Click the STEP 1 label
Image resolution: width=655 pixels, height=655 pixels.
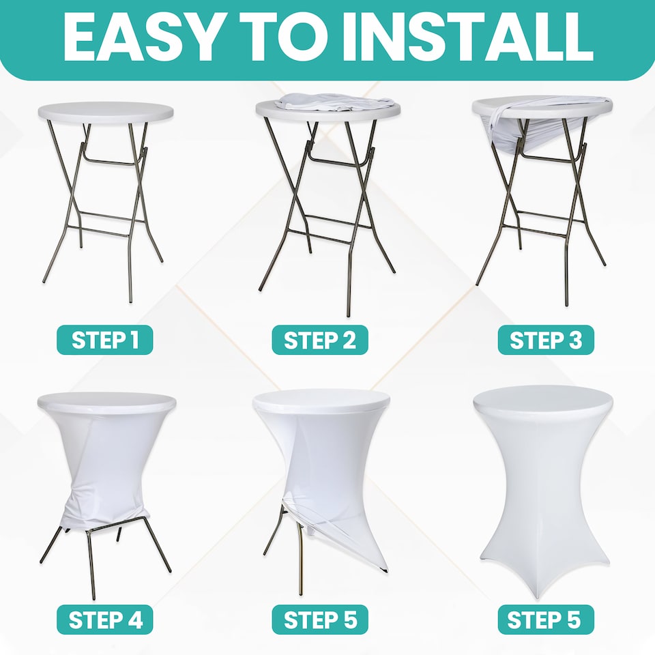(105, 340)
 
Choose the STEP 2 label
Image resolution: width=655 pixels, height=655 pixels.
(320, 340)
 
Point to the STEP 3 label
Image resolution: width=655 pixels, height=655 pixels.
(546, 340)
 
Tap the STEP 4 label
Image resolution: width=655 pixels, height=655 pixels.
(105, 620)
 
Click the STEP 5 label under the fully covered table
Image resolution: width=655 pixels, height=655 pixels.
(546, 620)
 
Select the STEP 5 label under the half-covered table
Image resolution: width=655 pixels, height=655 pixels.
(320, 620)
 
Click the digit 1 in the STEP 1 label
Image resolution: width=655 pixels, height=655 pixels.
(134, 340)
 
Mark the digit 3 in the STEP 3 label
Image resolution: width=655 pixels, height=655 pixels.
(575, 340)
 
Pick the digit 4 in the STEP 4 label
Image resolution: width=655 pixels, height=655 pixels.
(136, 620)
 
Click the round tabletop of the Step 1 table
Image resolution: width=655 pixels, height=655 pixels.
(106, 112)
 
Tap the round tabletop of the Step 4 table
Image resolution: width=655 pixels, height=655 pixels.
(106, 403)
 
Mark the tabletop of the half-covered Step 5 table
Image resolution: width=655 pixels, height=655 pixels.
(321, 400)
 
